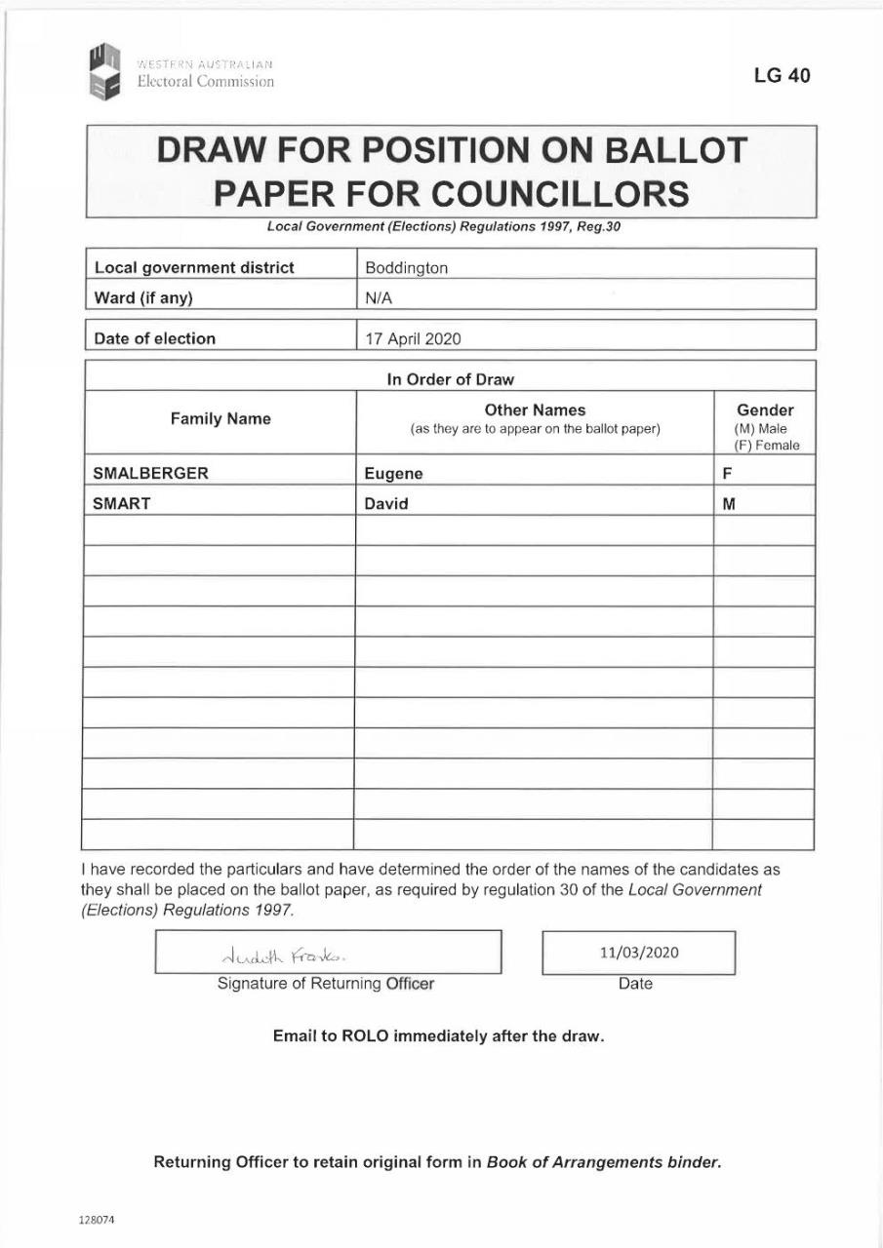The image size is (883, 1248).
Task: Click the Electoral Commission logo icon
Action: click(x=103, y=72)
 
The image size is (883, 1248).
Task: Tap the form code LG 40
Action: click(x=782, y=75)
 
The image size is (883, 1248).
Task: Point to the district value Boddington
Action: click(x=406, y=268)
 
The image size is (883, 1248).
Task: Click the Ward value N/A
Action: click(x=379, y=298)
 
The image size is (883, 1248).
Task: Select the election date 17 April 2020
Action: click(x=413, y=339)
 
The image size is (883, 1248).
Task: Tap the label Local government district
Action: click(x=193, y=268)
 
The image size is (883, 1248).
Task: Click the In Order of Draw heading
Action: click(x=450, y=379)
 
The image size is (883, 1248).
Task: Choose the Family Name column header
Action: click(x=221, y=419)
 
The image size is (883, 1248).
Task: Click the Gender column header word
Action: click(x=765, y=410)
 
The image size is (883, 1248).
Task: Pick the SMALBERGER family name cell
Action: click(x=150, y=474)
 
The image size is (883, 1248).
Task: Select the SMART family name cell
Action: click(x=121, y=504)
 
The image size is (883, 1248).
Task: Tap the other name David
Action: click(x=386, y=505)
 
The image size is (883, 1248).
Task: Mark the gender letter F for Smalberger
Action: click(x=727, y=475)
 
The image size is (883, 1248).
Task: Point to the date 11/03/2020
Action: click(x=639, y=953)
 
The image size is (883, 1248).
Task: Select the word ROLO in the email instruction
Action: click(x=365, y=1035)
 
